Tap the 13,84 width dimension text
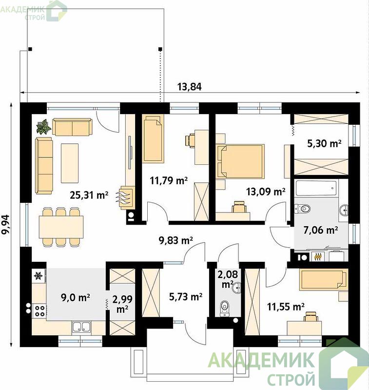click(189, 87)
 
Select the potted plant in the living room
click(43, 127)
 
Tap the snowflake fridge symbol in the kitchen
click(38, 276)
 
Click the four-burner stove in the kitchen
click(39, 311)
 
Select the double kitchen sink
click(81, 327)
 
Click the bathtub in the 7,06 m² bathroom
click(317, 188)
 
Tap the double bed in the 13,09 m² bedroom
click(240, 161)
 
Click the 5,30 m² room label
click(324, 143)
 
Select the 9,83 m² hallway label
click(176, 240)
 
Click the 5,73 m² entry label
click(186, 296)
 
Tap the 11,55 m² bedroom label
click(286, 307)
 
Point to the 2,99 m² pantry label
click(122, 304)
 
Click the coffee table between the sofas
click(70, 163)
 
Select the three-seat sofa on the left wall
click(44, 166)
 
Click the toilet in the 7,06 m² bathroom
click(302, 208)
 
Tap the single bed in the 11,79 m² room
click(153, 139)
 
